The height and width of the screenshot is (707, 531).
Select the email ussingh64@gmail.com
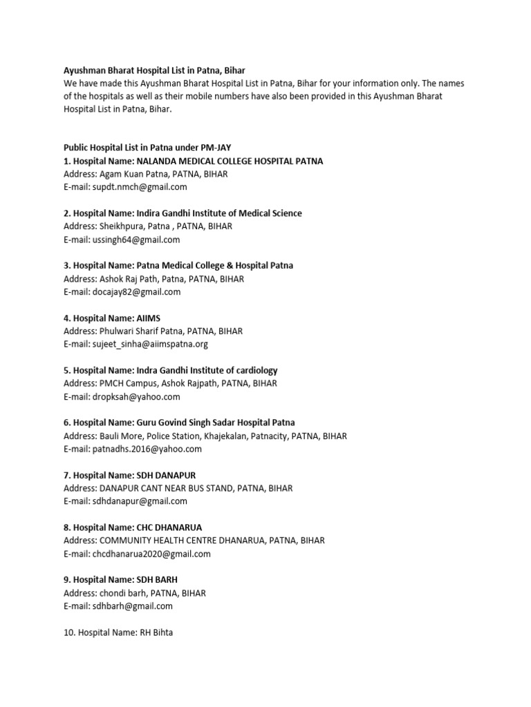137,240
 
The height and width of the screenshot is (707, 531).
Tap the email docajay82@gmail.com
137,292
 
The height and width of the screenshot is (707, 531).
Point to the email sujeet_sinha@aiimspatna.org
151,344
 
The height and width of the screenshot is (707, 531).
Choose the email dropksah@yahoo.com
137,396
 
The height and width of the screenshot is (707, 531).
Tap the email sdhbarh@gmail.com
133,606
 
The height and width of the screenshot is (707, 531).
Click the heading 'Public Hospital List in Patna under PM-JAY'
147,148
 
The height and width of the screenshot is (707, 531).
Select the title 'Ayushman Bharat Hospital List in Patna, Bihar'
154,70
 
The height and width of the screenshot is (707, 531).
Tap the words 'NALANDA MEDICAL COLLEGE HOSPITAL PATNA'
230,161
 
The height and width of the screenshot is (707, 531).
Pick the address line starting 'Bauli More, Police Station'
205,436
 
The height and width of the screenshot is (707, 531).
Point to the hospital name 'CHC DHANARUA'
169,527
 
